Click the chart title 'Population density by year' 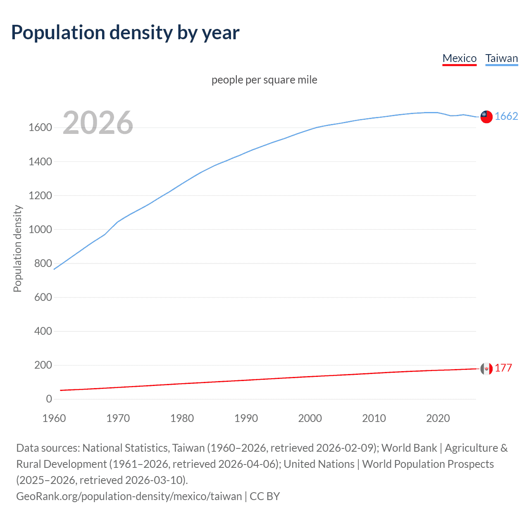point(125,33)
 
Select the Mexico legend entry point(459,58)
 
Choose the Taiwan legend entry point(501,58)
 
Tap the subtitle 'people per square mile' point(264,80)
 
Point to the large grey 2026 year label point(98,123)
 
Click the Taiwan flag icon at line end point(486,117)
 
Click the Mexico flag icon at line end point(486,368)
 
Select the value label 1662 point(506,117)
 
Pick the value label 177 point(503,368)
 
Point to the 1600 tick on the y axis point(40,128)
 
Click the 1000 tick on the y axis point(40,230)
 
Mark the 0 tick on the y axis point(49,399)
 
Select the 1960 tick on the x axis point(54,418)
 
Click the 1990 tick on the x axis point(246,418)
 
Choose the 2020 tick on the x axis point(438,418)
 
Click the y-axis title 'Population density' point(17,249)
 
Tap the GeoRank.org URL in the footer point(129,496)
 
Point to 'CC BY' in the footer point(265,496)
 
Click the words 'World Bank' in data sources point(409,448)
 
